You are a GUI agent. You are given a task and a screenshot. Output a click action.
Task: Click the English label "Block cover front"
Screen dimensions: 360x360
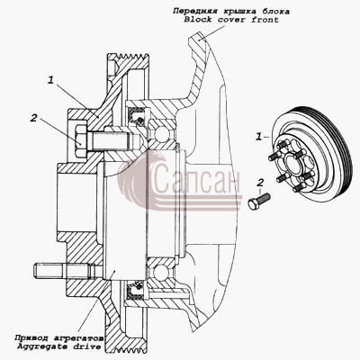231,20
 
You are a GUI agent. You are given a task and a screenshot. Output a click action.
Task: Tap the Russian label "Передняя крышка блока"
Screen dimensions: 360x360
231,12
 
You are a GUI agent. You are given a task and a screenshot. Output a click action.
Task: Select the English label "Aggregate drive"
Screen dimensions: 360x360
58,346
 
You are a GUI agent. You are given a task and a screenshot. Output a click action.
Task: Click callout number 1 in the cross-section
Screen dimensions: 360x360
51,80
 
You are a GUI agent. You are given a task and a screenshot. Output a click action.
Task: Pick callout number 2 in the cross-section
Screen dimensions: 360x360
33,118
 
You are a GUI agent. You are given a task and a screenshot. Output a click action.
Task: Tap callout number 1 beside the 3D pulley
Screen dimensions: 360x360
258,137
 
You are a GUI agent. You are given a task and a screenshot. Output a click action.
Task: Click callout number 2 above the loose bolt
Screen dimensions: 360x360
261,182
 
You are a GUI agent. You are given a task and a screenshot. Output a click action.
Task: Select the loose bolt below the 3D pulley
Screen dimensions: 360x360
259,202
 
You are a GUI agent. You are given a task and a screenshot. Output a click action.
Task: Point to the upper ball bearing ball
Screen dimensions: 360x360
160,134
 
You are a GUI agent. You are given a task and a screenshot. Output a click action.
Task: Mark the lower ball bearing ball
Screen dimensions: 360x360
160,272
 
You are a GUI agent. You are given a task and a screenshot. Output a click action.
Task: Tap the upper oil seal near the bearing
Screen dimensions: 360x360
137,115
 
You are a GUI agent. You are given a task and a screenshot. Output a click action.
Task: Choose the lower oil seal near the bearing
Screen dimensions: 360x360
137,290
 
